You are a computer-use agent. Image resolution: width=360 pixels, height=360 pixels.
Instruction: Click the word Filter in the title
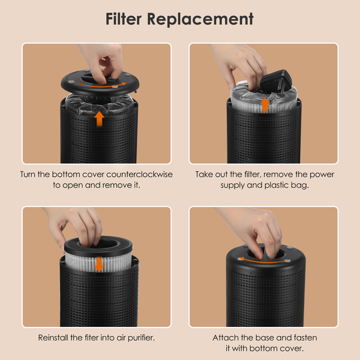[123, 19]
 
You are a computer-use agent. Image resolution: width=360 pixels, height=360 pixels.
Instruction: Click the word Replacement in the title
[200, 20]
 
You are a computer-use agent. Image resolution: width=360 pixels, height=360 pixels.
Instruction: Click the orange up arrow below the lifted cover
[99, 119]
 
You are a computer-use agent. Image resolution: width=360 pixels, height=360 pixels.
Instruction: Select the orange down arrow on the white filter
[99, 264]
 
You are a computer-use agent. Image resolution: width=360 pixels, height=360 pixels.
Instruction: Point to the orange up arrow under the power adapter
[265, 105]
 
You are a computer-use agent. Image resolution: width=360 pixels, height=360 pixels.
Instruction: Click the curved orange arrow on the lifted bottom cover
[101, 85]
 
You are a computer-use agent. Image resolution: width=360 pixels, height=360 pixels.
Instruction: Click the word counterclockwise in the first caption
[139, 174]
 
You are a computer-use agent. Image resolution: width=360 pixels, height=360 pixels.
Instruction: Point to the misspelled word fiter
[91, 337]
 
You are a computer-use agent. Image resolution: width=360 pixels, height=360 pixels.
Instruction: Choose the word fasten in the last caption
[305, 337]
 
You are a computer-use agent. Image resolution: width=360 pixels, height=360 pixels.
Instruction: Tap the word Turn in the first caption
[28, 174]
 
